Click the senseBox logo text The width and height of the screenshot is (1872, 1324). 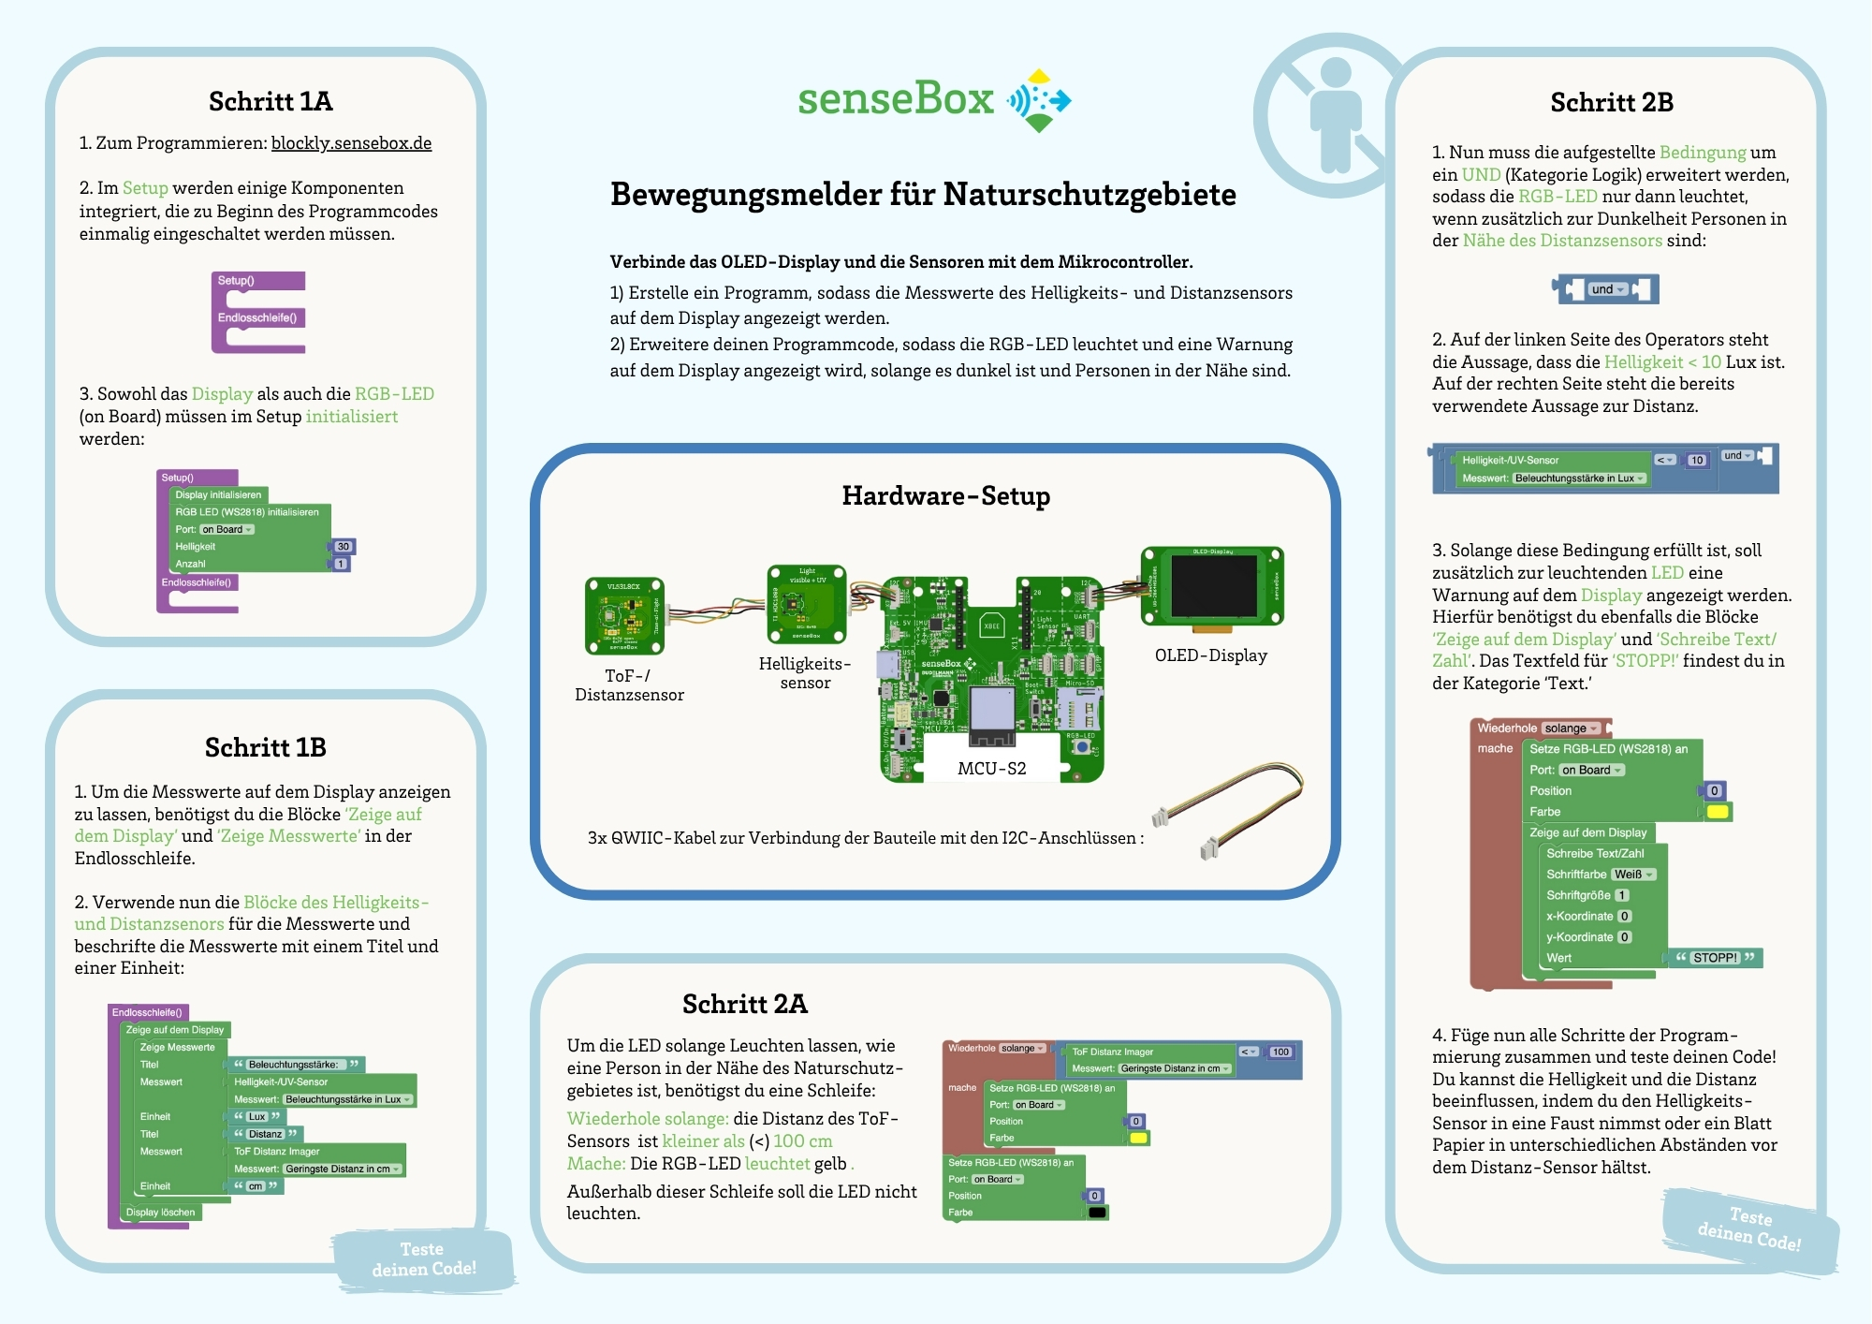[895, 99]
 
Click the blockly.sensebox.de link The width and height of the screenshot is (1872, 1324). [351, 143]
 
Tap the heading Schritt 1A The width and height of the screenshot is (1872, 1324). [271, 101]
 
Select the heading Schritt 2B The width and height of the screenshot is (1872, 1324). [1611, 102]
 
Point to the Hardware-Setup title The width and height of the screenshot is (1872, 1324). [945, 495]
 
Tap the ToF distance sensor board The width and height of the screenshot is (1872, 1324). [624, 615]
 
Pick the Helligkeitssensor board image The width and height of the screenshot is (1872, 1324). [806, 603]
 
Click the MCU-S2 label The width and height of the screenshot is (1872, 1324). [991, 769]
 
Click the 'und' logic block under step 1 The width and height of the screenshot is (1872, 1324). [1606, 289]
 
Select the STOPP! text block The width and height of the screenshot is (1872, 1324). [1715, 958]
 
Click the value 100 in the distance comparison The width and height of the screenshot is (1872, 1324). [1280, 1052]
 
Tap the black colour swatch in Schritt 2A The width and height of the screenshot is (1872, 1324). [1097, 1213]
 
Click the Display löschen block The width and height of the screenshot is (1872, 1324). [161, 1213]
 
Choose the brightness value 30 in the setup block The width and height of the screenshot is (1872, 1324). [344, 547]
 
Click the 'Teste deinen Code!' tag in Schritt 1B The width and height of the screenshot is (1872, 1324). [423, 1259]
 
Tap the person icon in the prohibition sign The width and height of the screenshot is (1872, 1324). [1335, 114]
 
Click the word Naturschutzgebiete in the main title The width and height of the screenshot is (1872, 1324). [1090, 195]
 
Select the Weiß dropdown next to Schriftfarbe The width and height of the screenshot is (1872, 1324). [1633, 875]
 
